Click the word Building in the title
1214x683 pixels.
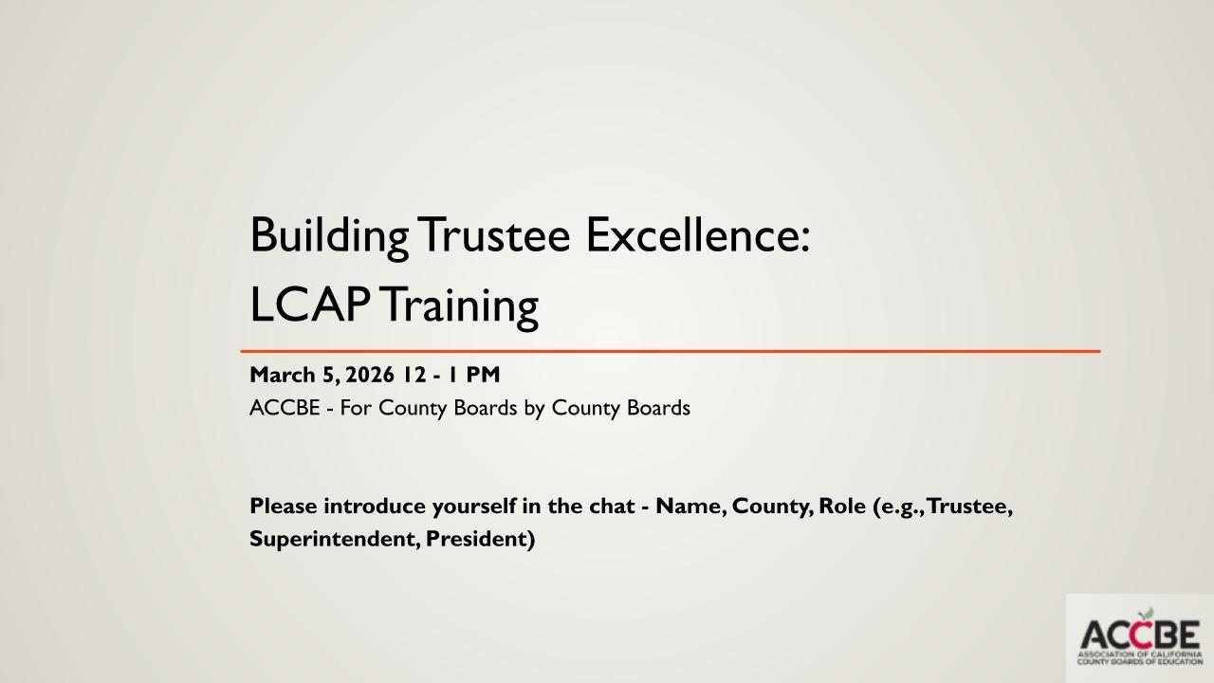329,236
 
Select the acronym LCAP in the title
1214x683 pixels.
310,305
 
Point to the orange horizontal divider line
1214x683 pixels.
671,351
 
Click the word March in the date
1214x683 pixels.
283,375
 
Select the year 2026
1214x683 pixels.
370,375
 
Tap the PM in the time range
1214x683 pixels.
483,375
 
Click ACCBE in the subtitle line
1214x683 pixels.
285,408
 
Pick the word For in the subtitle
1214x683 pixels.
355,408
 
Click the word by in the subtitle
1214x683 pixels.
534,409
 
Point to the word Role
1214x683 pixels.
842,507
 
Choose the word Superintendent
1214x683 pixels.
335,540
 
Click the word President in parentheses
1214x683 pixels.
476,540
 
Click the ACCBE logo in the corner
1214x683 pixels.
1140,638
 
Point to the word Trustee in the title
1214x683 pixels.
494,235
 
